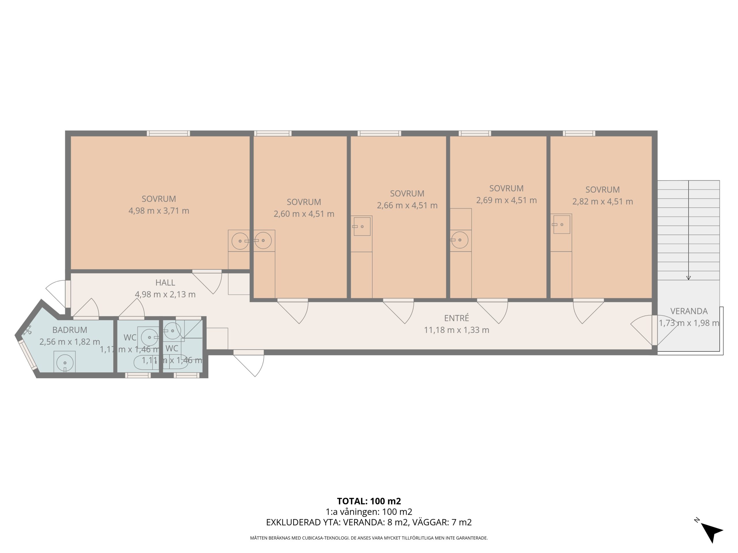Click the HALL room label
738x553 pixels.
point(165,283)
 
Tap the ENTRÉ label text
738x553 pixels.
point(456,318)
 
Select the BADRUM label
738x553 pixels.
point(70,330)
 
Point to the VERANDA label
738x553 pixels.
point(689,311)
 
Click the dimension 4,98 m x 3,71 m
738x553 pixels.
point(159,211)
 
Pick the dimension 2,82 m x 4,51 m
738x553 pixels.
point(603,202)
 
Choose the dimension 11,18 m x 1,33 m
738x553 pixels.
point(456,330)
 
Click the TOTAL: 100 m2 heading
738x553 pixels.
point(369,501)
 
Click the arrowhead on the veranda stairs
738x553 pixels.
point(688,278)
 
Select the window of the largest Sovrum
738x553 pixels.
point(168,133)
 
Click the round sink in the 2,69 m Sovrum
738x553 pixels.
point(460,240)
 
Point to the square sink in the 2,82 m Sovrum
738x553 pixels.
point(562,224)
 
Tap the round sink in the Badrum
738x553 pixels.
point(65,363)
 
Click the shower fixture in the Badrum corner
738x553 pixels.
point(28,331)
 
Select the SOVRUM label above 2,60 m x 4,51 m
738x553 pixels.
point(304,202)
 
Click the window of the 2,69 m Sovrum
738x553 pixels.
point(475,133)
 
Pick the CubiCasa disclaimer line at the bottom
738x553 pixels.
point(369,538)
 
